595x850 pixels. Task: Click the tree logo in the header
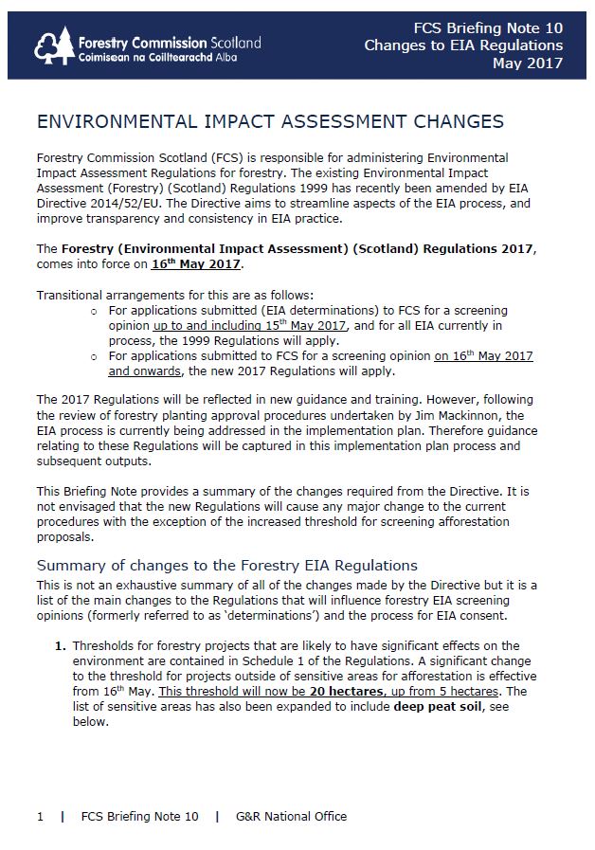pyautogui.click(x=54, y=45)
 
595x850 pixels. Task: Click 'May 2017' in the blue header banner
pyautogui.click(x=527, y=63)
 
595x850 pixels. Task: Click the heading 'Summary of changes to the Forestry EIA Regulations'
pyautogui.click(x=226, y=566)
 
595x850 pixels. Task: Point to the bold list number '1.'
pyautogui.click(x=61, y=646)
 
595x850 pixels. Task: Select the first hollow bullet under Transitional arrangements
pyautogui.click(x=93, y=311)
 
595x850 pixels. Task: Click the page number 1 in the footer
pyautogui.click(x=40, y=816)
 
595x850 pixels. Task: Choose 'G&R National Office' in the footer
pyautogui.click(x=291, y=816)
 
